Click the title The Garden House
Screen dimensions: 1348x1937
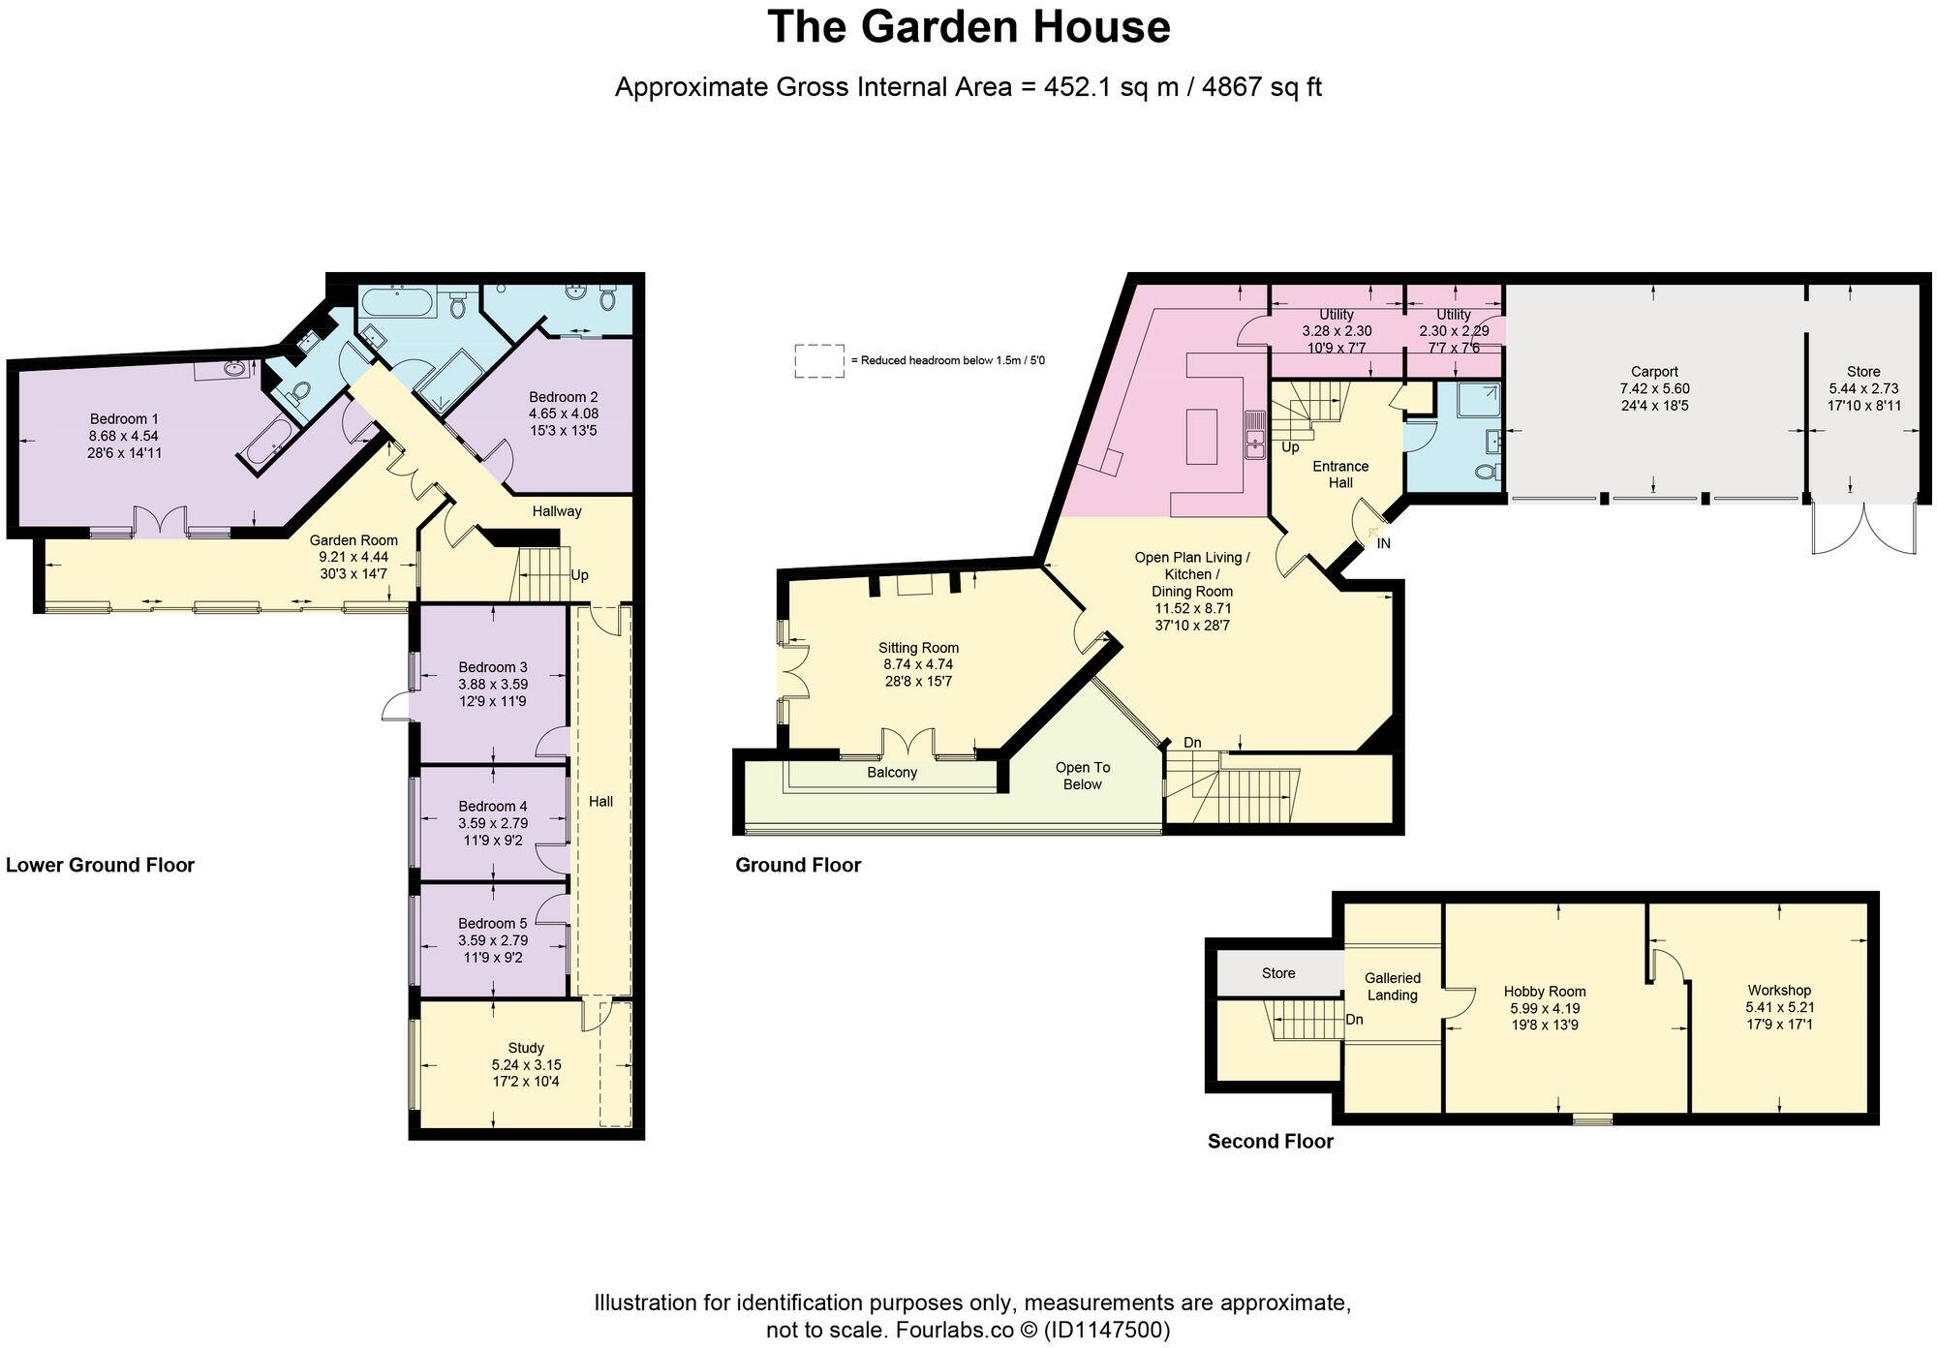click(968, 27)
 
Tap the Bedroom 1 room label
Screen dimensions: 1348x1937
click(124, 419)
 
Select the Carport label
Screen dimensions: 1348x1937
click(1654, 372)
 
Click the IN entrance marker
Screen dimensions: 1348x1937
click(1383, 543)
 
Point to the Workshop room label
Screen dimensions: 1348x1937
click(1779, 990)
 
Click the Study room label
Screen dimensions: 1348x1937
click(526, 1048)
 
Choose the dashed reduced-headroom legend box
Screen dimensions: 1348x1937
click(819, 360)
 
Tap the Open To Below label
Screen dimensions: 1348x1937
click(1083, 776)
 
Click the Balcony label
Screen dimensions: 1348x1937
click(891, 773)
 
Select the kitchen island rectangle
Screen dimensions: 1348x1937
click(1201, 436)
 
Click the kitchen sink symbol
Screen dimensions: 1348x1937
click(1255, 434)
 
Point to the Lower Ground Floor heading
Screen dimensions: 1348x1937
click(101, 865)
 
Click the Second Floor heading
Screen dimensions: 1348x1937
click(1270, 1142)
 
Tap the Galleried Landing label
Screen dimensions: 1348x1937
click(1393, 987)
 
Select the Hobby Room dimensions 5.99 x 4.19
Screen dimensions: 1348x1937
click(1545, 1008)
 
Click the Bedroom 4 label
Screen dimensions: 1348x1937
click(493, 806)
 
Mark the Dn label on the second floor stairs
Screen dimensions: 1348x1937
click(1355, 1020)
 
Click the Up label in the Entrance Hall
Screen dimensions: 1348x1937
click(1290, 447)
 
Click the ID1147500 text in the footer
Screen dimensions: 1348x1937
click(1105, 1330)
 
